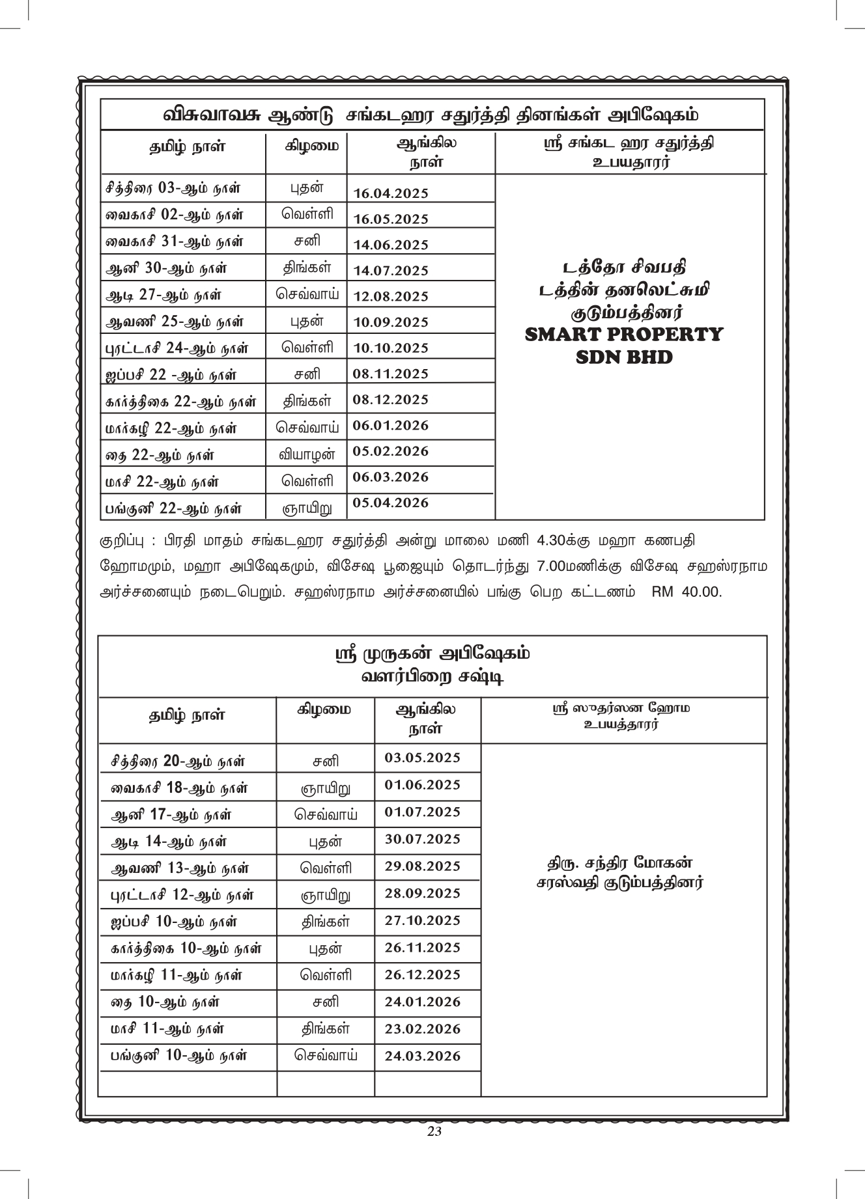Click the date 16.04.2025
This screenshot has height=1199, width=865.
(x=391, y=193)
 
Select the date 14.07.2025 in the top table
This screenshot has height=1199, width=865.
(x=391, y=270)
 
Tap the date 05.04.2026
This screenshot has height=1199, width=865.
(x=391, y=503)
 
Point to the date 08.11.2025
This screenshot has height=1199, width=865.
(x=391, y=374)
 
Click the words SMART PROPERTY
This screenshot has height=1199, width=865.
(x=624, y=335)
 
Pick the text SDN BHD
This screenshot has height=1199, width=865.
(x=624, y=357)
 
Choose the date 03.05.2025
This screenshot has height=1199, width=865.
(x=423, y=758)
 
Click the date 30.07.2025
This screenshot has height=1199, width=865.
(x=423, y=839)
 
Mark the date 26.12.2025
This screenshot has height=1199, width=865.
(x=423, y=974)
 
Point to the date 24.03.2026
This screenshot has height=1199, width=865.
(x=423, y=1056)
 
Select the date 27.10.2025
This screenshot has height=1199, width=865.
(x=423, y=920)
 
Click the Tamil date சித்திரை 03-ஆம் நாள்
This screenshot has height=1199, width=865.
(x=173, y=189)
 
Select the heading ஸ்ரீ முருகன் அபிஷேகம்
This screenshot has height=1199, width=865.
(x=432, y=653)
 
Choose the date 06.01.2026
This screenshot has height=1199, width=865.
(x=391, y=425)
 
